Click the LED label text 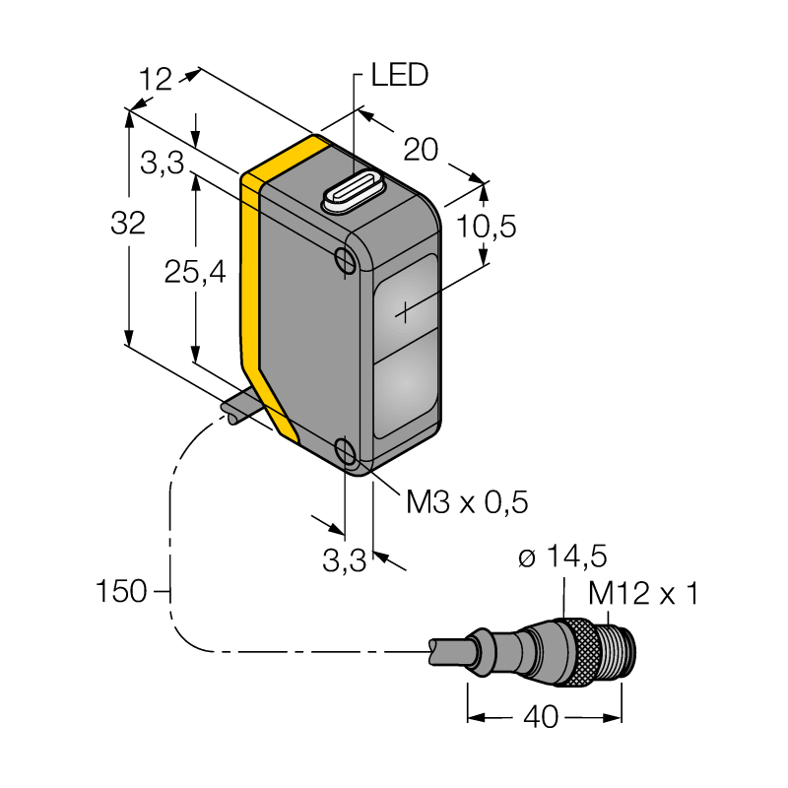pyautogui.click(x=400, y=75)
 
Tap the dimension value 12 pyautogui.click(x=156, y=80)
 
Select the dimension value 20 pyautogui.click(x=421, y=150)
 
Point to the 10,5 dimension pyautogui.click(x=486, y=227)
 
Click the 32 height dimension pyautogui.click(x=128, y=223)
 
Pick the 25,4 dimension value pyautogui.click(x=195, y=273)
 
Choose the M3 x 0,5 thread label pyautogui.click(x=467, y=501)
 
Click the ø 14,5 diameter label pyautogui.click(x=562, y=556)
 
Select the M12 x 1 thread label pyautogui.click(x=643, y=594)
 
